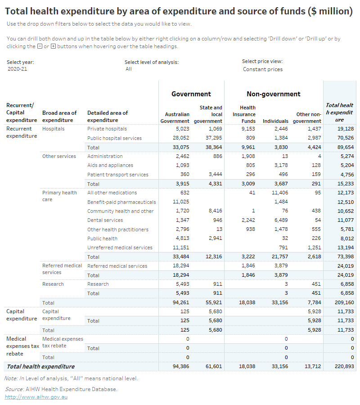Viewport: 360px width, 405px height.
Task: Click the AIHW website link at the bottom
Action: pyautogui.click(x=36, y=397)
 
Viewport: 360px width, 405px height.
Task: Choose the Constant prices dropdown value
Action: pyautogui.click(x=263, y=69)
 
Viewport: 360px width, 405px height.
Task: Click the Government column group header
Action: pyautogui.click(x=191, y=94)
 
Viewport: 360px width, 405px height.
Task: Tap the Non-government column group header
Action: pyautogui.click(x=273, y=94)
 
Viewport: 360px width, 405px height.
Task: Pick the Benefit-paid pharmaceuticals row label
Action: pyautogui.click(x=121, y=202)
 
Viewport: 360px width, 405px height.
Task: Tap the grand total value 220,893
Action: pyautogui.click(x=344, y=366)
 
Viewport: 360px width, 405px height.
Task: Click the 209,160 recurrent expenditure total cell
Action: pyautogui.click(x=344, y=302)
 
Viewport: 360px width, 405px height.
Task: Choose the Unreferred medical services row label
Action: pyautogui.click(x=120, y=247)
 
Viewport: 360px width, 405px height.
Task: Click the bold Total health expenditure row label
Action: pyautogui.click(x=40, y=366)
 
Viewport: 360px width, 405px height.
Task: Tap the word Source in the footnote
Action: pyautogui.click(x=14, y=389)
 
